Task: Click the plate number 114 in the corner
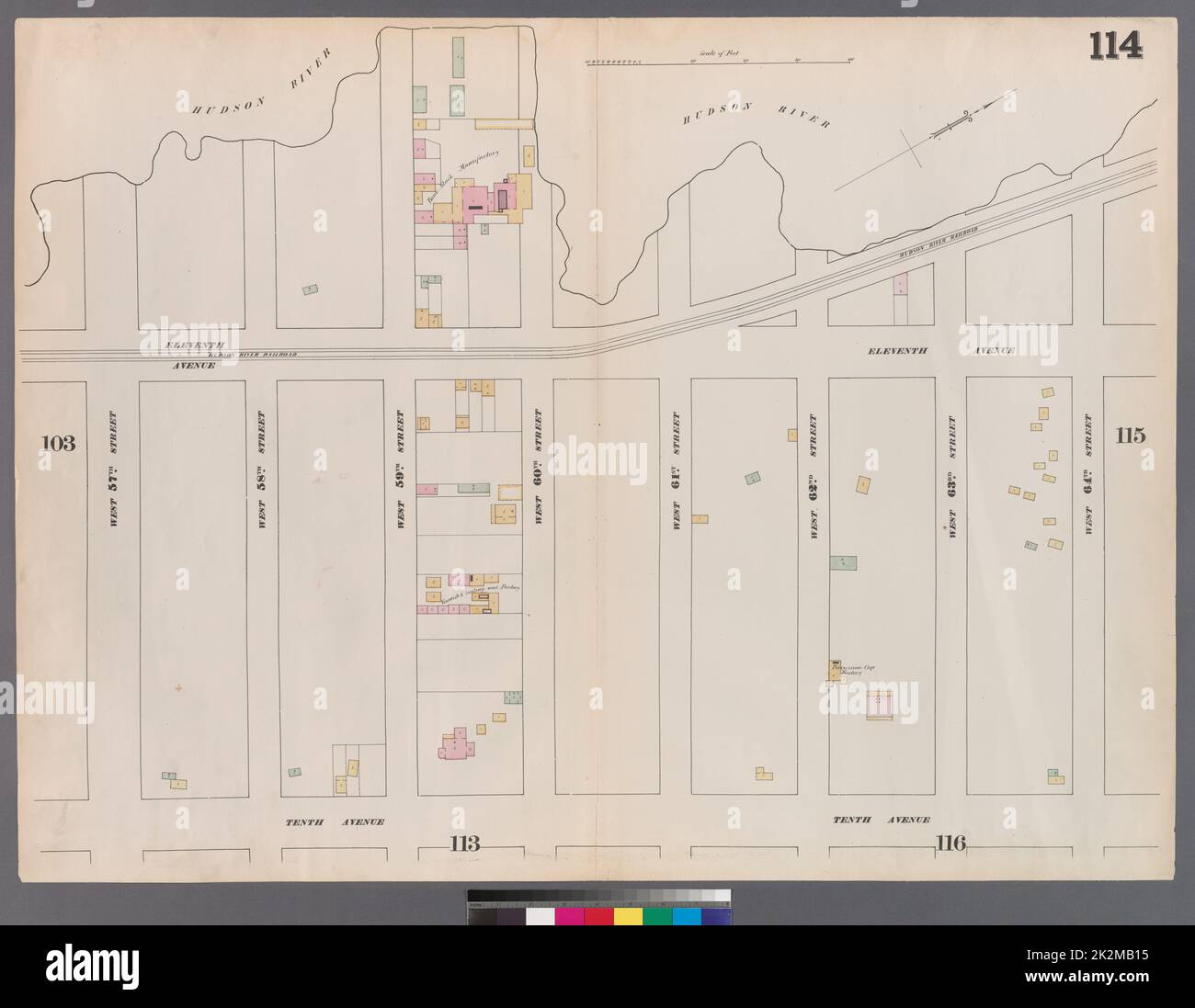click(x=1117, y=44)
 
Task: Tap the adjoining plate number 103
click(x=56, y=443)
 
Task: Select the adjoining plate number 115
click(x=1132, y=436)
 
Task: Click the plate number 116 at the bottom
click(x=950, y=843)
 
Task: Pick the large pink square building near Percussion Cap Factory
click(x=880, y=704)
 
